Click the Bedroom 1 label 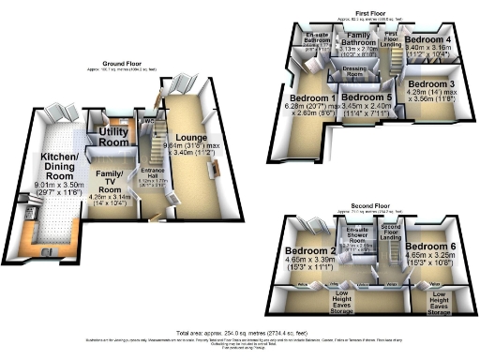pyautogui.click(x=314, y=97)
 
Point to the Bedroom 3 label pyautogui.click(x=431, y=85)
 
